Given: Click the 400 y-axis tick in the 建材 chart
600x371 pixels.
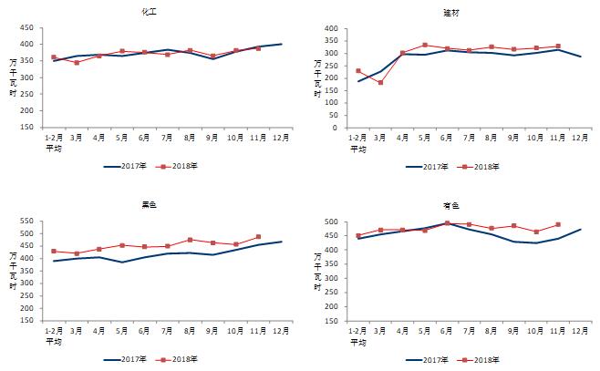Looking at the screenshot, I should click(330, 29).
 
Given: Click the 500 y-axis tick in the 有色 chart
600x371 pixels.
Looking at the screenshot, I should click(330, 222).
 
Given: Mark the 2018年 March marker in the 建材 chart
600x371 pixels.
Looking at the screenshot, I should click(380, 83).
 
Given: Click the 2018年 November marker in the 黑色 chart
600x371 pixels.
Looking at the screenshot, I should click(258, 237).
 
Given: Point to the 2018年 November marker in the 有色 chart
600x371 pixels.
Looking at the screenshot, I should click(558, 224).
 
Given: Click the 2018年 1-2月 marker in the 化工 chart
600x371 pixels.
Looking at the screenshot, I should click(54, 57).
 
